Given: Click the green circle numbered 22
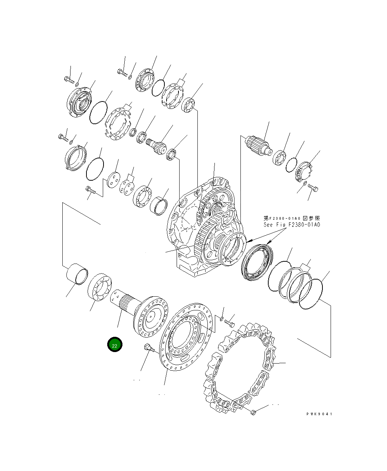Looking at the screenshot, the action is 115,344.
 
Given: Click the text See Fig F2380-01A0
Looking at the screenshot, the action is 292,225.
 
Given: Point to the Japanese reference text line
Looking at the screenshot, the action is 292,218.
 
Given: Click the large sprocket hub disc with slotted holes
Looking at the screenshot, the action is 186,337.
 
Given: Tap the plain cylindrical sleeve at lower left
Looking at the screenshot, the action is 77,274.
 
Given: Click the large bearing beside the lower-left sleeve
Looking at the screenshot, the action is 100,287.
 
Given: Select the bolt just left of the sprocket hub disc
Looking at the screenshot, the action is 149,348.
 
